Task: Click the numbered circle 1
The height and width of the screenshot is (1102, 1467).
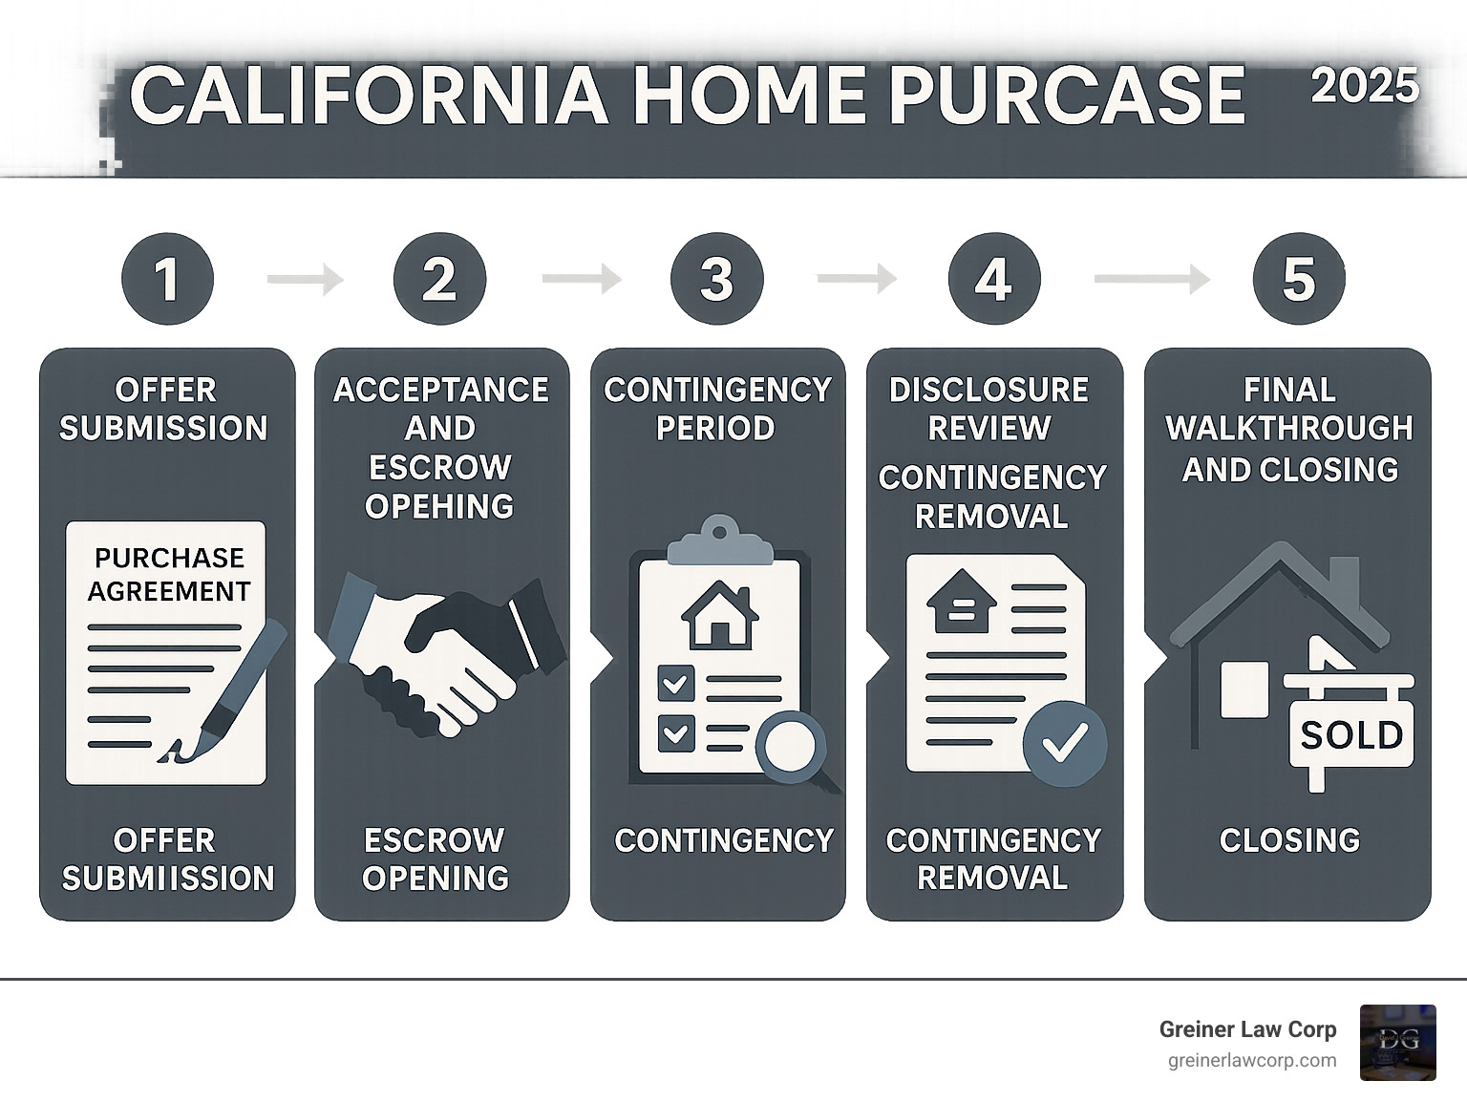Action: coord(167,279)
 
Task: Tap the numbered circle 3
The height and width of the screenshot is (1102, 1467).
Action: coord(716,279)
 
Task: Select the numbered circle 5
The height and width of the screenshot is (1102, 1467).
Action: coord(1298,279)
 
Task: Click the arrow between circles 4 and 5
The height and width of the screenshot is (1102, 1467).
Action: coord(1151,279)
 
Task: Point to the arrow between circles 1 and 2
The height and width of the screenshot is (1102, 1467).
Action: coord(305,280)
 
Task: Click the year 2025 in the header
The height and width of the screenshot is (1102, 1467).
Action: coord(1364,87)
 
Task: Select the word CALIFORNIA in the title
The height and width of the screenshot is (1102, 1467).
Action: coord(369,96)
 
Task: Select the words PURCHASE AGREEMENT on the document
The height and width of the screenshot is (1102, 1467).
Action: coord(169,575)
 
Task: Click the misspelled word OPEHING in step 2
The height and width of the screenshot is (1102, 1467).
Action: coord(439,506)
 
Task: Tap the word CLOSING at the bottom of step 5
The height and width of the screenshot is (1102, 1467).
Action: coord(1289,840)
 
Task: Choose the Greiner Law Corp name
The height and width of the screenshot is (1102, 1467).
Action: coord(1247,1029)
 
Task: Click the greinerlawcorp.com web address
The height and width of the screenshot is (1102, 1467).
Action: coord(1252,1061)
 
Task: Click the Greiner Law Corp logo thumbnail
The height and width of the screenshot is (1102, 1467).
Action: coord(1397,1043)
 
